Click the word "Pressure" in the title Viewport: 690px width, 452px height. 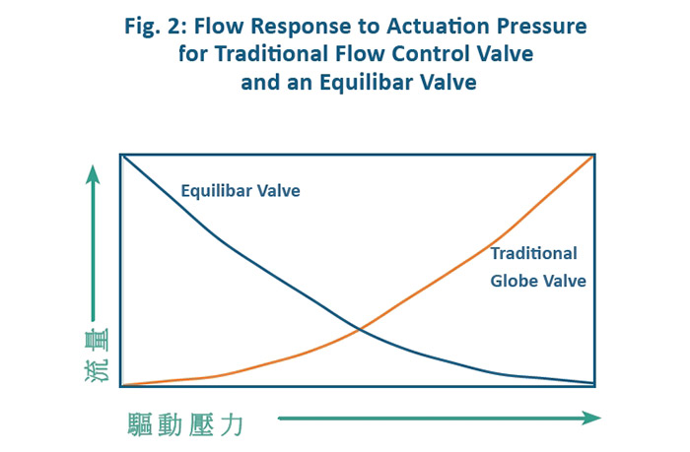point(542,26)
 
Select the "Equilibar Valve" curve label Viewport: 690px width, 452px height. point(241,191)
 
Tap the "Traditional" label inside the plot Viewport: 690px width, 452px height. point(534,253)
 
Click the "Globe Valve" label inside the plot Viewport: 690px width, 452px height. point(538,281)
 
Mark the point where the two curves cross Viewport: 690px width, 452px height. point(360,329)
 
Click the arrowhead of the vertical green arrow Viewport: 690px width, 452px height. point(93,174)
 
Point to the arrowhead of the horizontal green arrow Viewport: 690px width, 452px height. point(591,418)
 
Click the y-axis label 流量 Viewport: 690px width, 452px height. point(97,355)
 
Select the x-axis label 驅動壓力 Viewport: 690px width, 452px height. point(185,424)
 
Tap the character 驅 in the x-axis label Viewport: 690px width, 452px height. point(140,424)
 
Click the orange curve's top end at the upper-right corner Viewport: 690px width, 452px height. point(593,156)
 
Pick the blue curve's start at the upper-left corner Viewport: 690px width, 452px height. point(123,156)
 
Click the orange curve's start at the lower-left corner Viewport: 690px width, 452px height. point(123,385)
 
